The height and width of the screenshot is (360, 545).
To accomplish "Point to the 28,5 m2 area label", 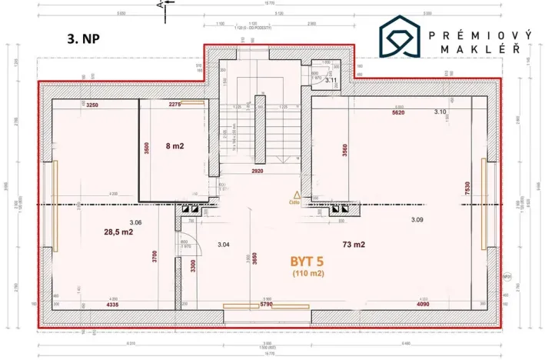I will click(119, 231).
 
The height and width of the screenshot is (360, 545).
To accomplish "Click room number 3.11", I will click(331, 80).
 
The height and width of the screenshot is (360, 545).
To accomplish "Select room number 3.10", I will click(439, 112).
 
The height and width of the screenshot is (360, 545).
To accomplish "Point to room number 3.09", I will click(417, 220).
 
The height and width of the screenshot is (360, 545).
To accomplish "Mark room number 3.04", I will click(224, 245).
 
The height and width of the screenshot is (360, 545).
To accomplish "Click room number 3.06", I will click(135, 222).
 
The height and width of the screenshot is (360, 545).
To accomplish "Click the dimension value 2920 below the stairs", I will click(258, 171).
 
